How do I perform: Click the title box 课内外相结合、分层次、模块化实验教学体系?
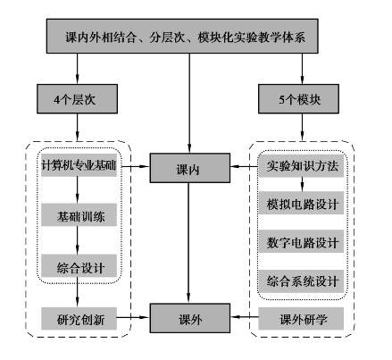(x=182, y=37)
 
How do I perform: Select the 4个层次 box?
(x=77, y=99)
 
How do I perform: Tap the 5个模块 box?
(x=298, y=99)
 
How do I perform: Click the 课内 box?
(x=190, y=168)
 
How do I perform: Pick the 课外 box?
(x=190, y=318)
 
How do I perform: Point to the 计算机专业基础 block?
(x=79, y=165)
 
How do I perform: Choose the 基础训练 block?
(x=79, y=215)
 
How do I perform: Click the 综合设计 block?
(x=79, y=266)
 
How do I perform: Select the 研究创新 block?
(x=79, y=319)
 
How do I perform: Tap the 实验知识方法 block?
(x=301, y=166)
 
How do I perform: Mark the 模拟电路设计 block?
(x=301, y=203)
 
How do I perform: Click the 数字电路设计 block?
(x=301, y=241)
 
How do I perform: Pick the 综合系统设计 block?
(x=301, y=281)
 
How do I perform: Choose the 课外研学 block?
(x=301, y=319)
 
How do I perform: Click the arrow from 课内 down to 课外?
(x=188, y=243)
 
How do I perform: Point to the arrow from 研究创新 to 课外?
(x=133, y=317)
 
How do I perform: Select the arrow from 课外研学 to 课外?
(x=245, y=317)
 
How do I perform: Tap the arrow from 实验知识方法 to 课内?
(x=245, y=166)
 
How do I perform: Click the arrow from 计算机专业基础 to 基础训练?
(x=78, y=190)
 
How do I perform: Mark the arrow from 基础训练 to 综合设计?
(x=78, y=240)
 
